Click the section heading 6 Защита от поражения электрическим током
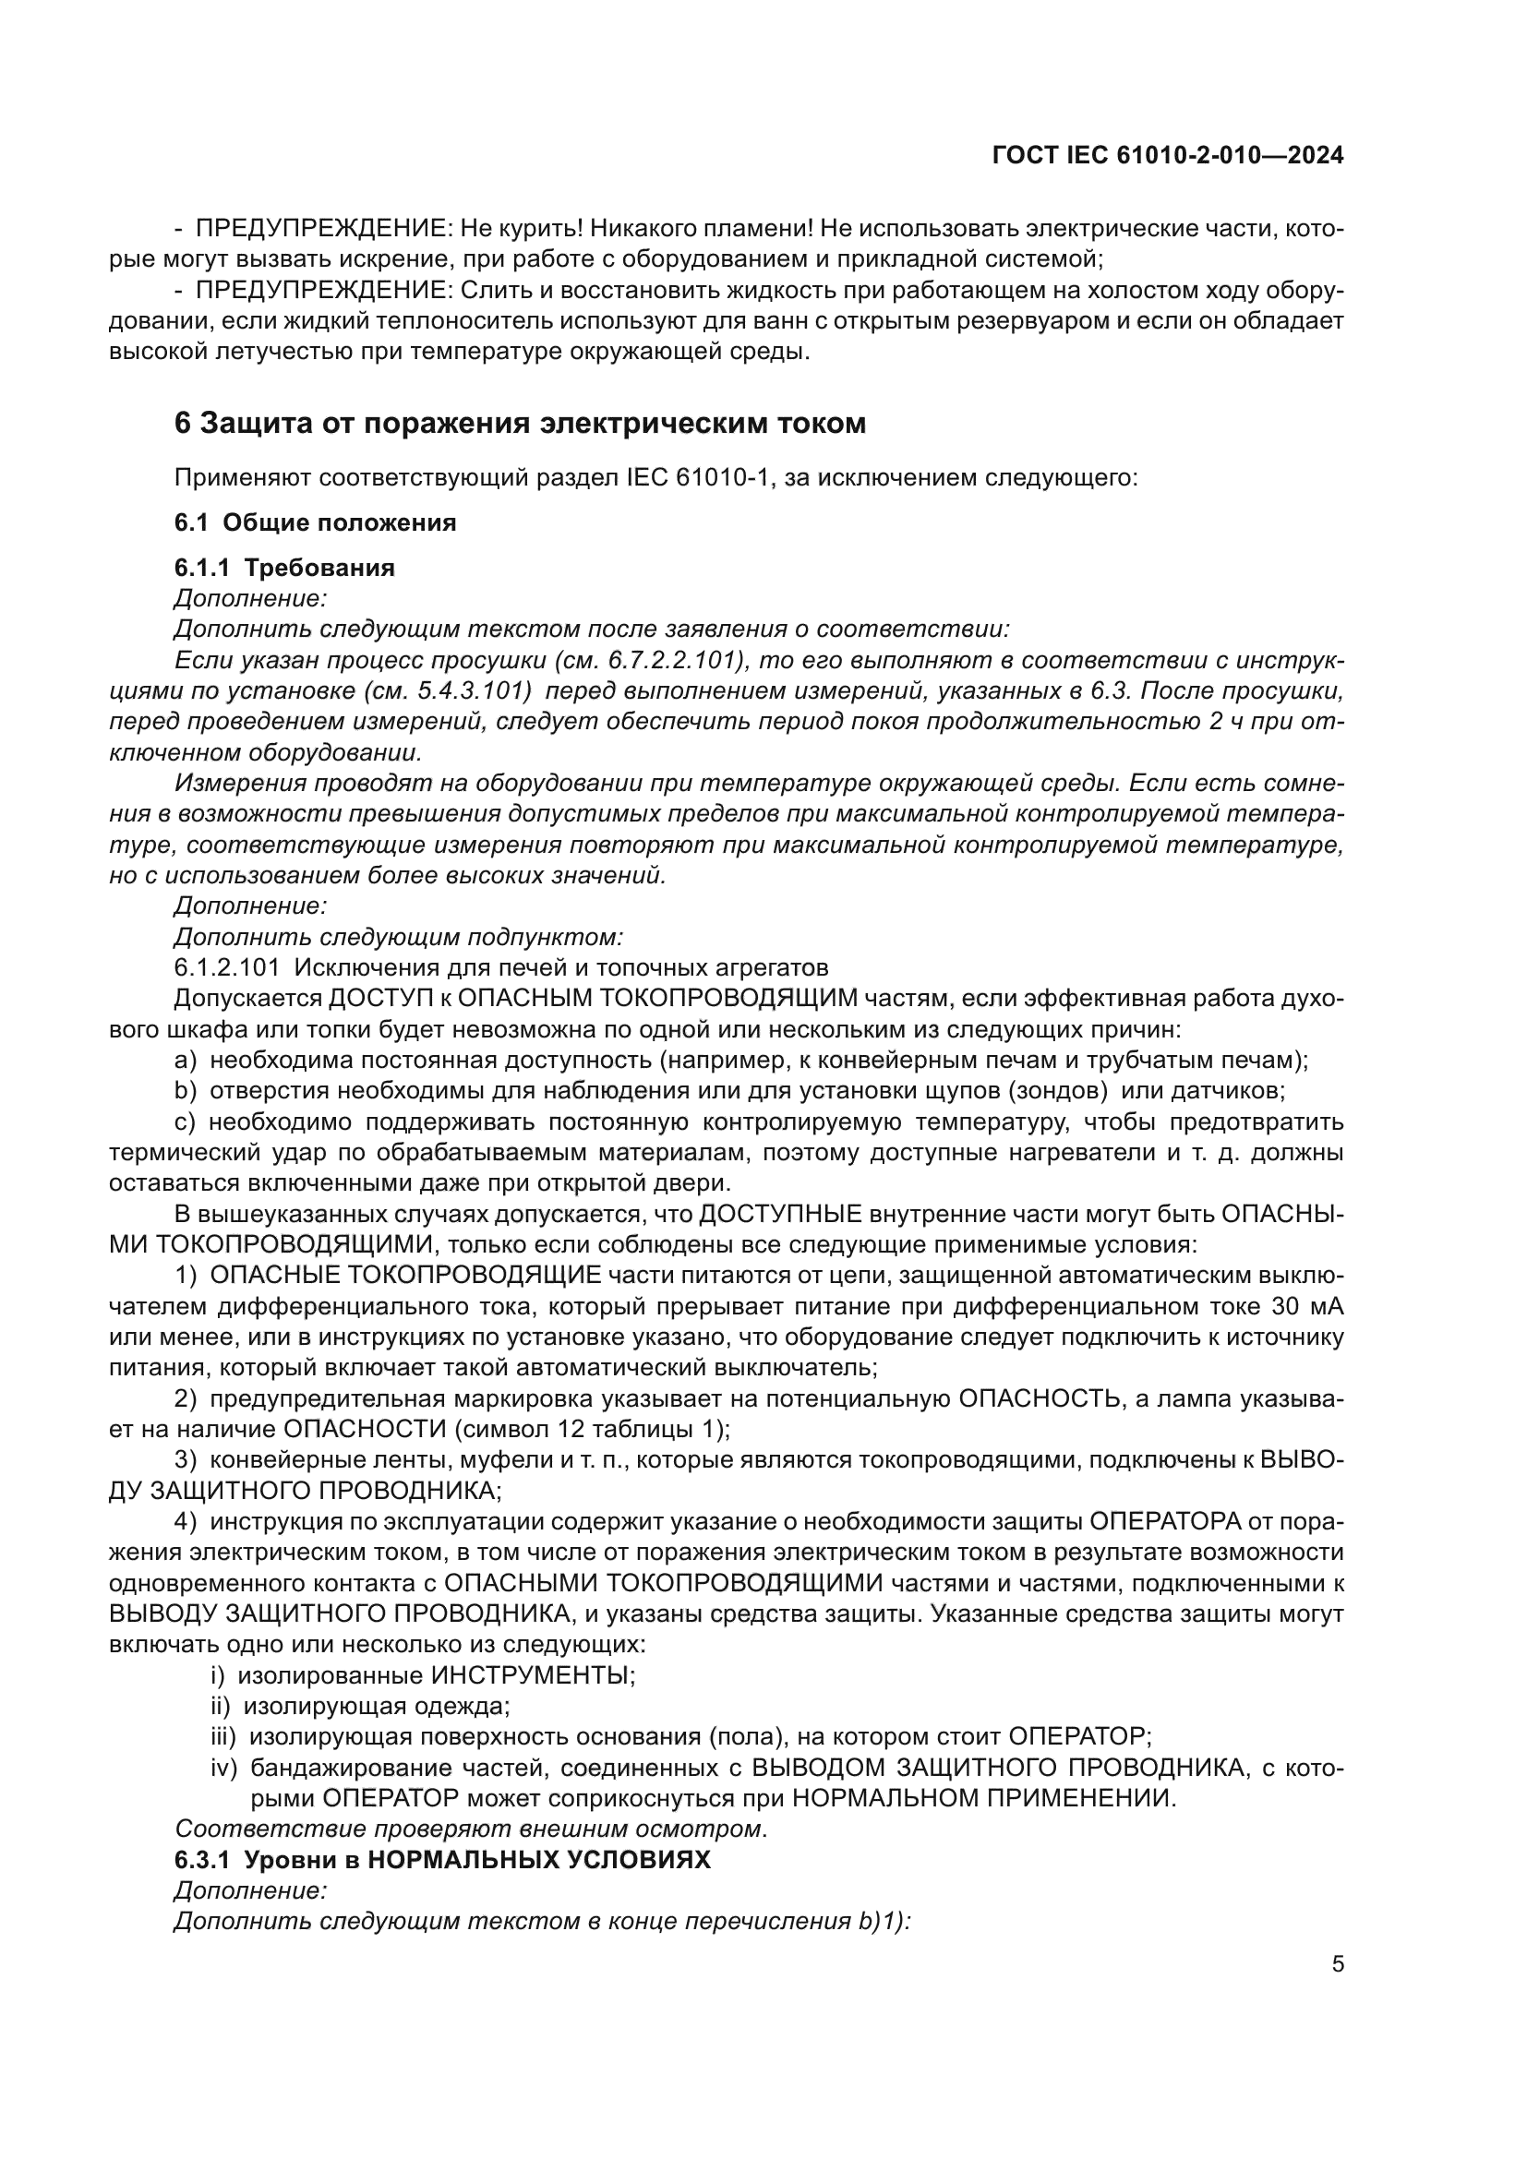(x=520, y=424)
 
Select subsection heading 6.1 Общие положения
(x=315, y=522)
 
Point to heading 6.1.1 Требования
(x=284, y=568)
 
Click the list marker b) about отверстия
(x=186, y=1091)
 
